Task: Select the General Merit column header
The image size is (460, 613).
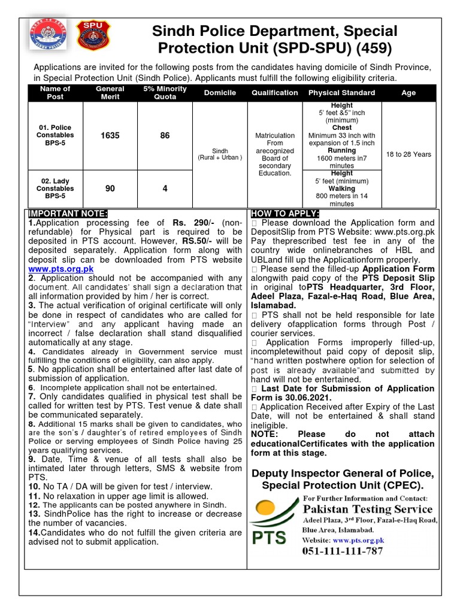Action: coord(110,93)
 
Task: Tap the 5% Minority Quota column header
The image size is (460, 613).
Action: coord(165,93)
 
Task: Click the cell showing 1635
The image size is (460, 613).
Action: coord(110,136)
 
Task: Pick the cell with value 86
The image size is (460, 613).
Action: coord(165,136)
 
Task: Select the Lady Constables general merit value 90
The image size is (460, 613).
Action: coord(110,189)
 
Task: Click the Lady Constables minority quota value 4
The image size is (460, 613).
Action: coord(165,189)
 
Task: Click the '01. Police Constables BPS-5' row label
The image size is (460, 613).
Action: coord(55,136)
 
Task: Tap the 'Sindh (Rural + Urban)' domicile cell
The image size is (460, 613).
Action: coord(220,154)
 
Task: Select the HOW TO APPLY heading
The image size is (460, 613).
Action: coord(285,214)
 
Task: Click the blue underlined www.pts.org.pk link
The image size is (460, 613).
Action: coord(61,269)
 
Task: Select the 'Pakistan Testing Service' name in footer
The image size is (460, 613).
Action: coord(367,509)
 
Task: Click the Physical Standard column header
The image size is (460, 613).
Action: coord(341,93)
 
